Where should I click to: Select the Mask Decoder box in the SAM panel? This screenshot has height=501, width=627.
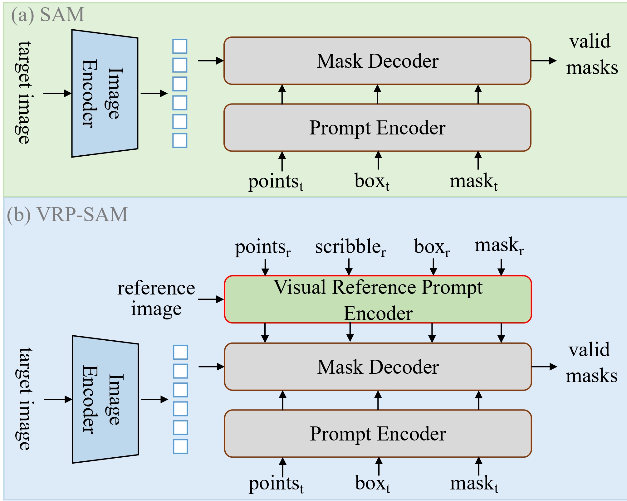tap(377, 61)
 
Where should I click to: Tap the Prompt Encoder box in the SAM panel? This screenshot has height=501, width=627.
tap(377, 128)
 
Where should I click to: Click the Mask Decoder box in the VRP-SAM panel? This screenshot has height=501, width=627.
tap(378, 367)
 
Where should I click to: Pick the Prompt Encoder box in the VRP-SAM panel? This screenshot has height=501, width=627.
tap(378, 434)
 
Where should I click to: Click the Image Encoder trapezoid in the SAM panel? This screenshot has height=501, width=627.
tap(105, 94)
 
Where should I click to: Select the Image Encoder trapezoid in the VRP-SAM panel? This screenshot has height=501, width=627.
tap(105, 399)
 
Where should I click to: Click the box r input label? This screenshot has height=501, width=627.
tap(432, 247)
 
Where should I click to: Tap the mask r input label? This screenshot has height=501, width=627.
tap(499, 246)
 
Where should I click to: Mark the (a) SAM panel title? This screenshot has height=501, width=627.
tap(48, 15)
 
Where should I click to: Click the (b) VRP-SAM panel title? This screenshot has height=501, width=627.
tap(67, 215)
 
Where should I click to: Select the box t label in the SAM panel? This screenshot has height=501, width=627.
tap(372, 181)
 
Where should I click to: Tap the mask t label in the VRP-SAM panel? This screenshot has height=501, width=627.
tap(474, 484)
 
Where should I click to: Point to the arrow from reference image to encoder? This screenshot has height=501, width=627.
tap(211, 299)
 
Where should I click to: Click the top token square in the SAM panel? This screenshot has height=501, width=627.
tap(180, 46)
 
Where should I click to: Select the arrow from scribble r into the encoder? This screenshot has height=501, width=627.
tap(349, 267)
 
